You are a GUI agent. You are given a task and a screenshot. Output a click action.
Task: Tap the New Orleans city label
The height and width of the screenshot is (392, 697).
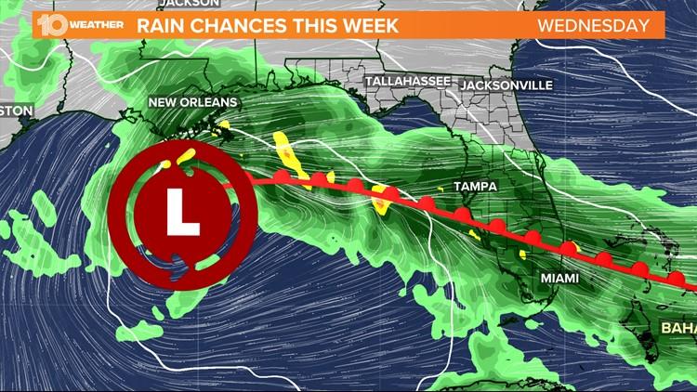tap(194, 101)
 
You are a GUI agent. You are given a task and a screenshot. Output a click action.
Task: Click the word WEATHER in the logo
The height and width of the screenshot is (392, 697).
tap(94, 25)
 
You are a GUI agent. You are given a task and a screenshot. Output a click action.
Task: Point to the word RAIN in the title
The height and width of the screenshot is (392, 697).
tap(160, 25)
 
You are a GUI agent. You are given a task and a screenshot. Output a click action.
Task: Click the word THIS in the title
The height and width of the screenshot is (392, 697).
tap(299, 25)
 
